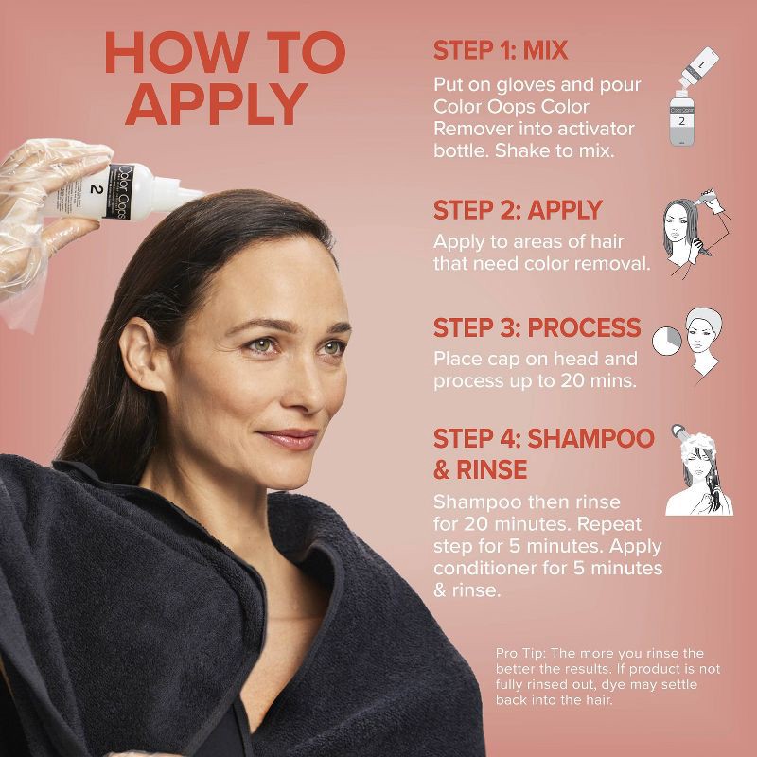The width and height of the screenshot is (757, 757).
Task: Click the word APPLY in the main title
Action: tap(217, 105)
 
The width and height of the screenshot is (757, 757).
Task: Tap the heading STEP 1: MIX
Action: tap(501, 50)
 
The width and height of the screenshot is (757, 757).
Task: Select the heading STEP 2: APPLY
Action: tap(518, 210)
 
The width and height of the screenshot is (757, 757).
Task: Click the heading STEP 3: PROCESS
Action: tap(537, 327)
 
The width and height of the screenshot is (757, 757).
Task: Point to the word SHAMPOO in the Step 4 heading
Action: tap(590, 438)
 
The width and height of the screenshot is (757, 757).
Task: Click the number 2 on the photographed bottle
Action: tap(97, 188)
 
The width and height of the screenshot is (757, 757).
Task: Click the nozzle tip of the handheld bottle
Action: tap(201, 193)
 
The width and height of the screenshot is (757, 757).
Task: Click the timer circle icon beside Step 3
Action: tap(667, 341)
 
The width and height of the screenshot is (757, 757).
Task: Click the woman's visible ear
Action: tap(142, 354)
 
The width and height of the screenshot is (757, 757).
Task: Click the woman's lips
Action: tap(289, 439)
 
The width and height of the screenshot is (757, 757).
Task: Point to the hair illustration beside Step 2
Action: tap(695, 232)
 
